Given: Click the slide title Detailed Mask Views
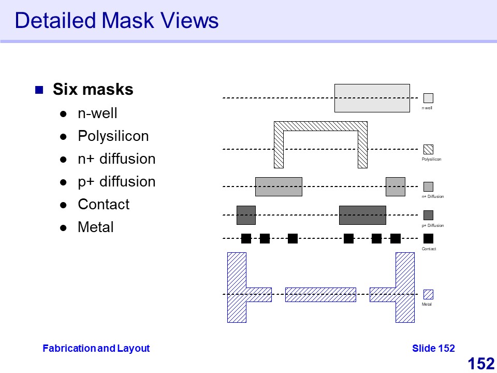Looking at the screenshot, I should (116, 21).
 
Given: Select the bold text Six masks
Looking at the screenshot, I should (93, 90).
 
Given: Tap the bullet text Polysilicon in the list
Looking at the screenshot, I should (113, 136).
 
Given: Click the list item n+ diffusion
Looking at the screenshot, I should (116, 159).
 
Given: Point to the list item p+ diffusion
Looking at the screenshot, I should (116, 182).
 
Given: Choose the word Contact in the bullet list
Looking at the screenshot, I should (104, 205).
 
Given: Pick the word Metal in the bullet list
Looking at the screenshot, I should (95, 227).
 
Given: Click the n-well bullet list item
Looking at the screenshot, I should (97, 113).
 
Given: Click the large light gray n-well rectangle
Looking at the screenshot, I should (372, 98).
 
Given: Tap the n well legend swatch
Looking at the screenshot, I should (428, 98).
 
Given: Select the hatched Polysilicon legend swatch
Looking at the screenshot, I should (428, 149).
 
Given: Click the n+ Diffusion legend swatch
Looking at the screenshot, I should (428, 187).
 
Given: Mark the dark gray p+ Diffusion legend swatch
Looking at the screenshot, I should (428, 215).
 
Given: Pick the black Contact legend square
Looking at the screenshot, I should (428, 239).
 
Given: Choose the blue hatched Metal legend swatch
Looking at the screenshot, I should (428, 294).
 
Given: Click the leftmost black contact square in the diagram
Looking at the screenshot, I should (246, 239).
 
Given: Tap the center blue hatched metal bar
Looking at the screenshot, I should (320, 294).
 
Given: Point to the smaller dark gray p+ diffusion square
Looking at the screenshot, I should (246, 215).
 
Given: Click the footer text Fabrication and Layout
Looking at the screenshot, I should (96, 349).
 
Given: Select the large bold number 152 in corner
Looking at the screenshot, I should (481, 364).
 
